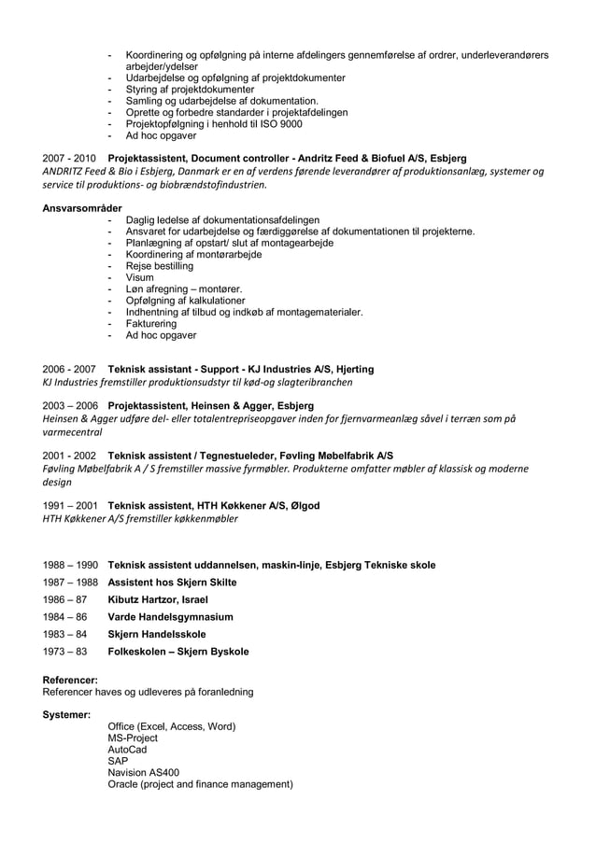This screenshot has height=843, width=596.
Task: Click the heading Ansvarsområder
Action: coord(82,207)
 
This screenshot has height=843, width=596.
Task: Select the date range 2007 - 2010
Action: coord(69,159)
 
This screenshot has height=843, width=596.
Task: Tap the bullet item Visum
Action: coord(139,277)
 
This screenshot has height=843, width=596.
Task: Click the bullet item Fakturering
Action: coord(151,323)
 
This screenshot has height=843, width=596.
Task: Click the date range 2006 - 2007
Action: coord(69,369)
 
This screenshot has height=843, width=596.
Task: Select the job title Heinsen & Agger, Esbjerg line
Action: coord(211,406)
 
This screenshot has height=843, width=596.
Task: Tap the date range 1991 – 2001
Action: coord(69,505)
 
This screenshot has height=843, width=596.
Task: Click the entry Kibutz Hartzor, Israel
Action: coord(158,599)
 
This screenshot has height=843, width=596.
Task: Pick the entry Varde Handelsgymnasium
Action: coord(171,617)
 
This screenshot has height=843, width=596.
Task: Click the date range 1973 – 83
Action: coord(64,652)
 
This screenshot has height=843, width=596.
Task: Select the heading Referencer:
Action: coord(71,681)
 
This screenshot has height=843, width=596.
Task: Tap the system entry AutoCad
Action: coord(127,750)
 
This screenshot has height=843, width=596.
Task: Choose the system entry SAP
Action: coord(119,761)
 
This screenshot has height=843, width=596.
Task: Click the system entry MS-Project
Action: coord(134,738)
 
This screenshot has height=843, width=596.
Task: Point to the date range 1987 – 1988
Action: coord(69,582)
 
